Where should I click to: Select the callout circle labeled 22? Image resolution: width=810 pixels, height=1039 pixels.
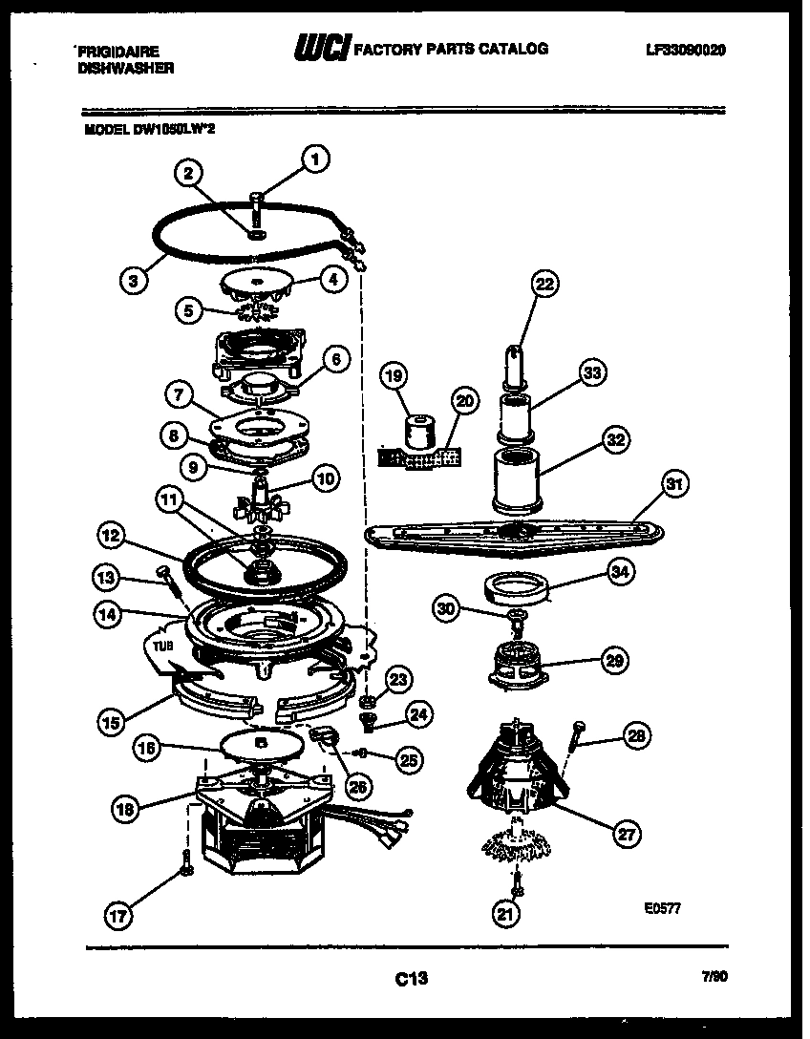tap(544, 284)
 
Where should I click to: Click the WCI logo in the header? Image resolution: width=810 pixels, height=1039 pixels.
tap(322, 49)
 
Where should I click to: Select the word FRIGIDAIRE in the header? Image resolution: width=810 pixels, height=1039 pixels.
tap(117, 52)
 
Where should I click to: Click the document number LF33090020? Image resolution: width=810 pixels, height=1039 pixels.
tap(685, 50)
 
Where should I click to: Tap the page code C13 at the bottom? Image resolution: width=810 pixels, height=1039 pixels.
tap(410, 978)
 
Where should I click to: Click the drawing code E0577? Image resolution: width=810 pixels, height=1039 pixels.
tap(662, 909)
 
